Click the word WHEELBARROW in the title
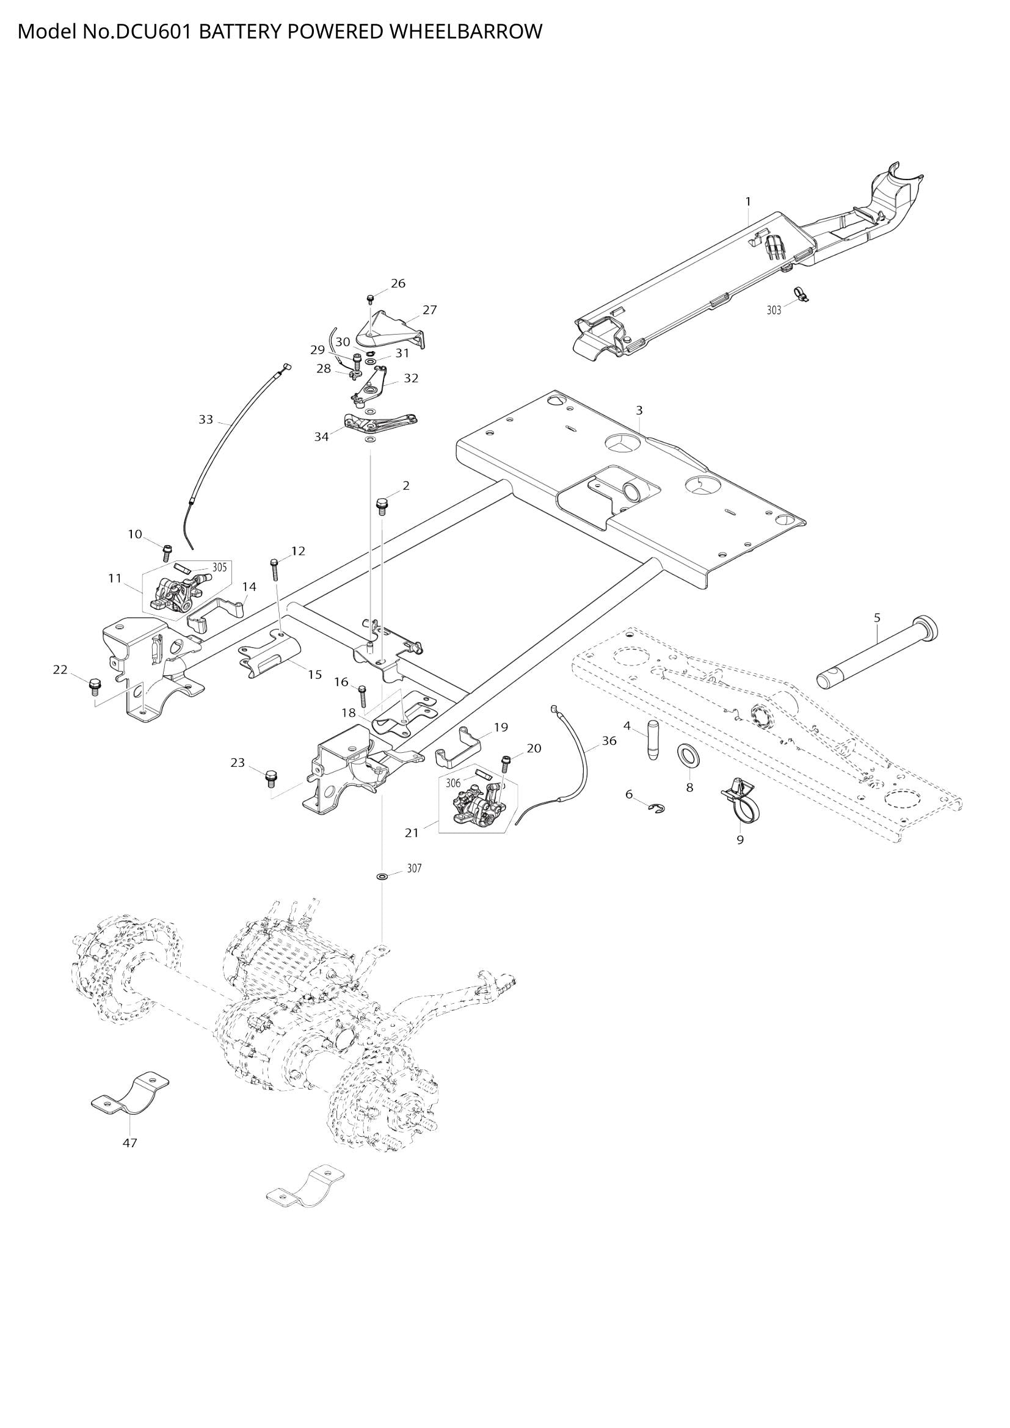[x=466, y=31]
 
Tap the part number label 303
[x=774, y=310]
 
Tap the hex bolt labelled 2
[x=382, y=505]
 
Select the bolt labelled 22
[x=95, y=687]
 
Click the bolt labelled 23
[x=271, y=777]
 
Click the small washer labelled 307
[x=382, y=876]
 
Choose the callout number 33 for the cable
[x=206, y=419]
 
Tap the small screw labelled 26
[x=371, y=299]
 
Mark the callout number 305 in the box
[x=220, y=567]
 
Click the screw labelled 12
[x=275, y=568]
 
